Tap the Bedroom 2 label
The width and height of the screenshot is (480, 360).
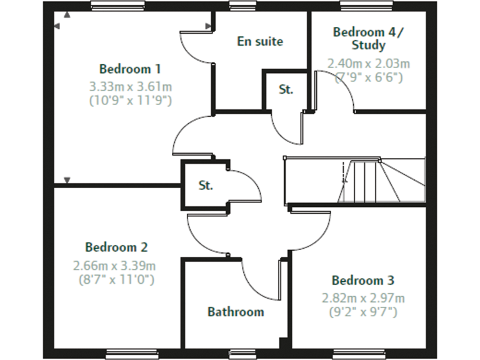click(x=117, y=247)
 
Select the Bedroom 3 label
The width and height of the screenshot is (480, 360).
click(x=363, y=280)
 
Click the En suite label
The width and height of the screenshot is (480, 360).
click(x=260, y=42)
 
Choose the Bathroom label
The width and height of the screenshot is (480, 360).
click(x=236, y=311)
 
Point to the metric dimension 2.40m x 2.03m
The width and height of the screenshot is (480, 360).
click(x=369, y=64)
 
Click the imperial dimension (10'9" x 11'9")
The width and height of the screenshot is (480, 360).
click(x=131, y=99)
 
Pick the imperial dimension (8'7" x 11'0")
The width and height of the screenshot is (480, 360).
click(x=115, y=279)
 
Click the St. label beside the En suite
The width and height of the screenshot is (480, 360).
click(x=286, y=89)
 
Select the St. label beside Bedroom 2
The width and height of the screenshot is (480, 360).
click(x=206, y=186)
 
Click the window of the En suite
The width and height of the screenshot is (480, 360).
click(x=238, y=6)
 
